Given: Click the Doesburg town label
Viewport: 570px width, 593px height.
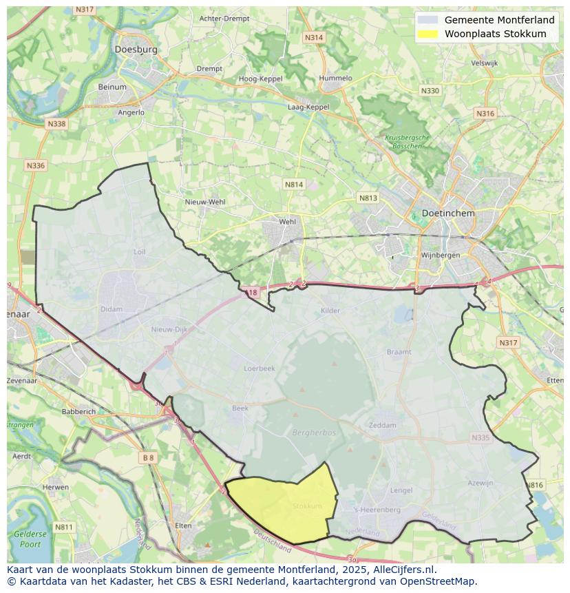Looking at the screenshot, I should [136, 50].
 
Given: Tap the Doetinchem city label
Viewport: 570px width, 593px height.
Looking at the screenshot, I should [448, 214].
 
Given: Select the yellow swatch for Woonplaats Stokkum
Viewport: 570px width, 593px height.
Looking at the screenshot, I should [428, 34].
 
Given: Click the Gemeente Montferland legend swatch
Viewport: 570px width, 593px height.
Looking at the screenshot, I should [428, 20].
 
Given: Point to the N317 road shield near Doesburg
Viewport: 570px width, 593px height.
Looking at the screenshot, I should [84, 10].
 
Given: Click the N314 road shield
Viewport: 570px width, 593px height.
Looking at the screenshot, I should [313, 38].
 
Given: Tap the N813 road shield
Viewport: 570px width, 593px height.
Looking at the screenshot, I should [368, 198].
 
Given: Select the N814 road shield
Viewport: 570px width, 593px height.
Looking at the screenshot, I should [294, 185].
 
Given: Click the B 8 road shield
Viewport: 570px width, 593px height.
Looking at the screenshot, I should [149, 457].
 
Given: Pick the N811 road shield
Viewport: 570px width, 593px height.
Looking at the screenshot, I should [63, 528].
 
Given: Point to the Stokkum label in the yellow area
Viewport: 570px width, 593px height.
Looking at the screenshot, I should [307, 506].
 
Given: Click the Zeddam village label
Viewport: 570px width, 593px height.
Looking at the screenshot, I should [383, 425].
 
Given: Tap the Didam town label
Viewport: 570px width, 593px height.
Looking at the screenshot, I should [111, 309].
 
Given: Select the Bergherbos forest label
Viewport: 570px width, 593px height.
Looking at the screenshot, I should [314, 433].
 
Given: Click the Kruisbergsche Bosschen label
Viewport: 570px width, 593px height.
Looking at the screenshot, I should [407, 142].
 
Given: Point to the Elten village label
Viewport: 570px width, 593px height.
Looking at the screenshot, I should [183, 526].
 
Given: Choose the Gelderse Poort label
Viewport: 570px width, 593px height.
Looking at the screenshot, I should [30, 539].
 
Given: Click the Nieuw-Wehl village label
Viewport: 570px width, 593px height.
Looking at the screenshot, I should [205, 202].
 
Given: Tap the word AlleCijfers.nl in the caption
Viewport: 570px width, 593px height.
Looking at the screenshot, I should [401, 570].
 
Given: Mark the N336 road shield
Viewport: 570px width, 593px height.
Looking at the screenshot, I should [35, 166].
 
